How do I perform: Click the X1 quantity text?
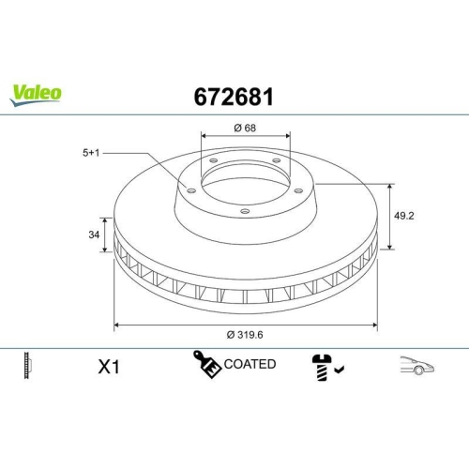point(110,367)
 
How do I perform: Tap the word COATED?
point(250,364)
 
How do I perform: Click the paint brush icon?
point(208,365)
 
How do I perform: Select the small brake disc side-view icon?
point(27,366)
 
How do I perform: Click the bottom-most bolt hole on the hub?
point(245,212)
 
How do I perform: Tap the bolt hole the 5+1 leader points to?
point(192,190)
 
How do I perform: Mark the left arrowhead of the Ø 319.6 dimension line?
point(116,325)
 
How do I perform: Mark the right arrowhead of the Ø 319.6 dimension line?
point(376,325)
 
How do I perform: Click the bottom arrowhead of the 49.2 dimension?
point(389,248)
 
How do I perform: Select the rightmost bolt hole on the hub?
point(299,191)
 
